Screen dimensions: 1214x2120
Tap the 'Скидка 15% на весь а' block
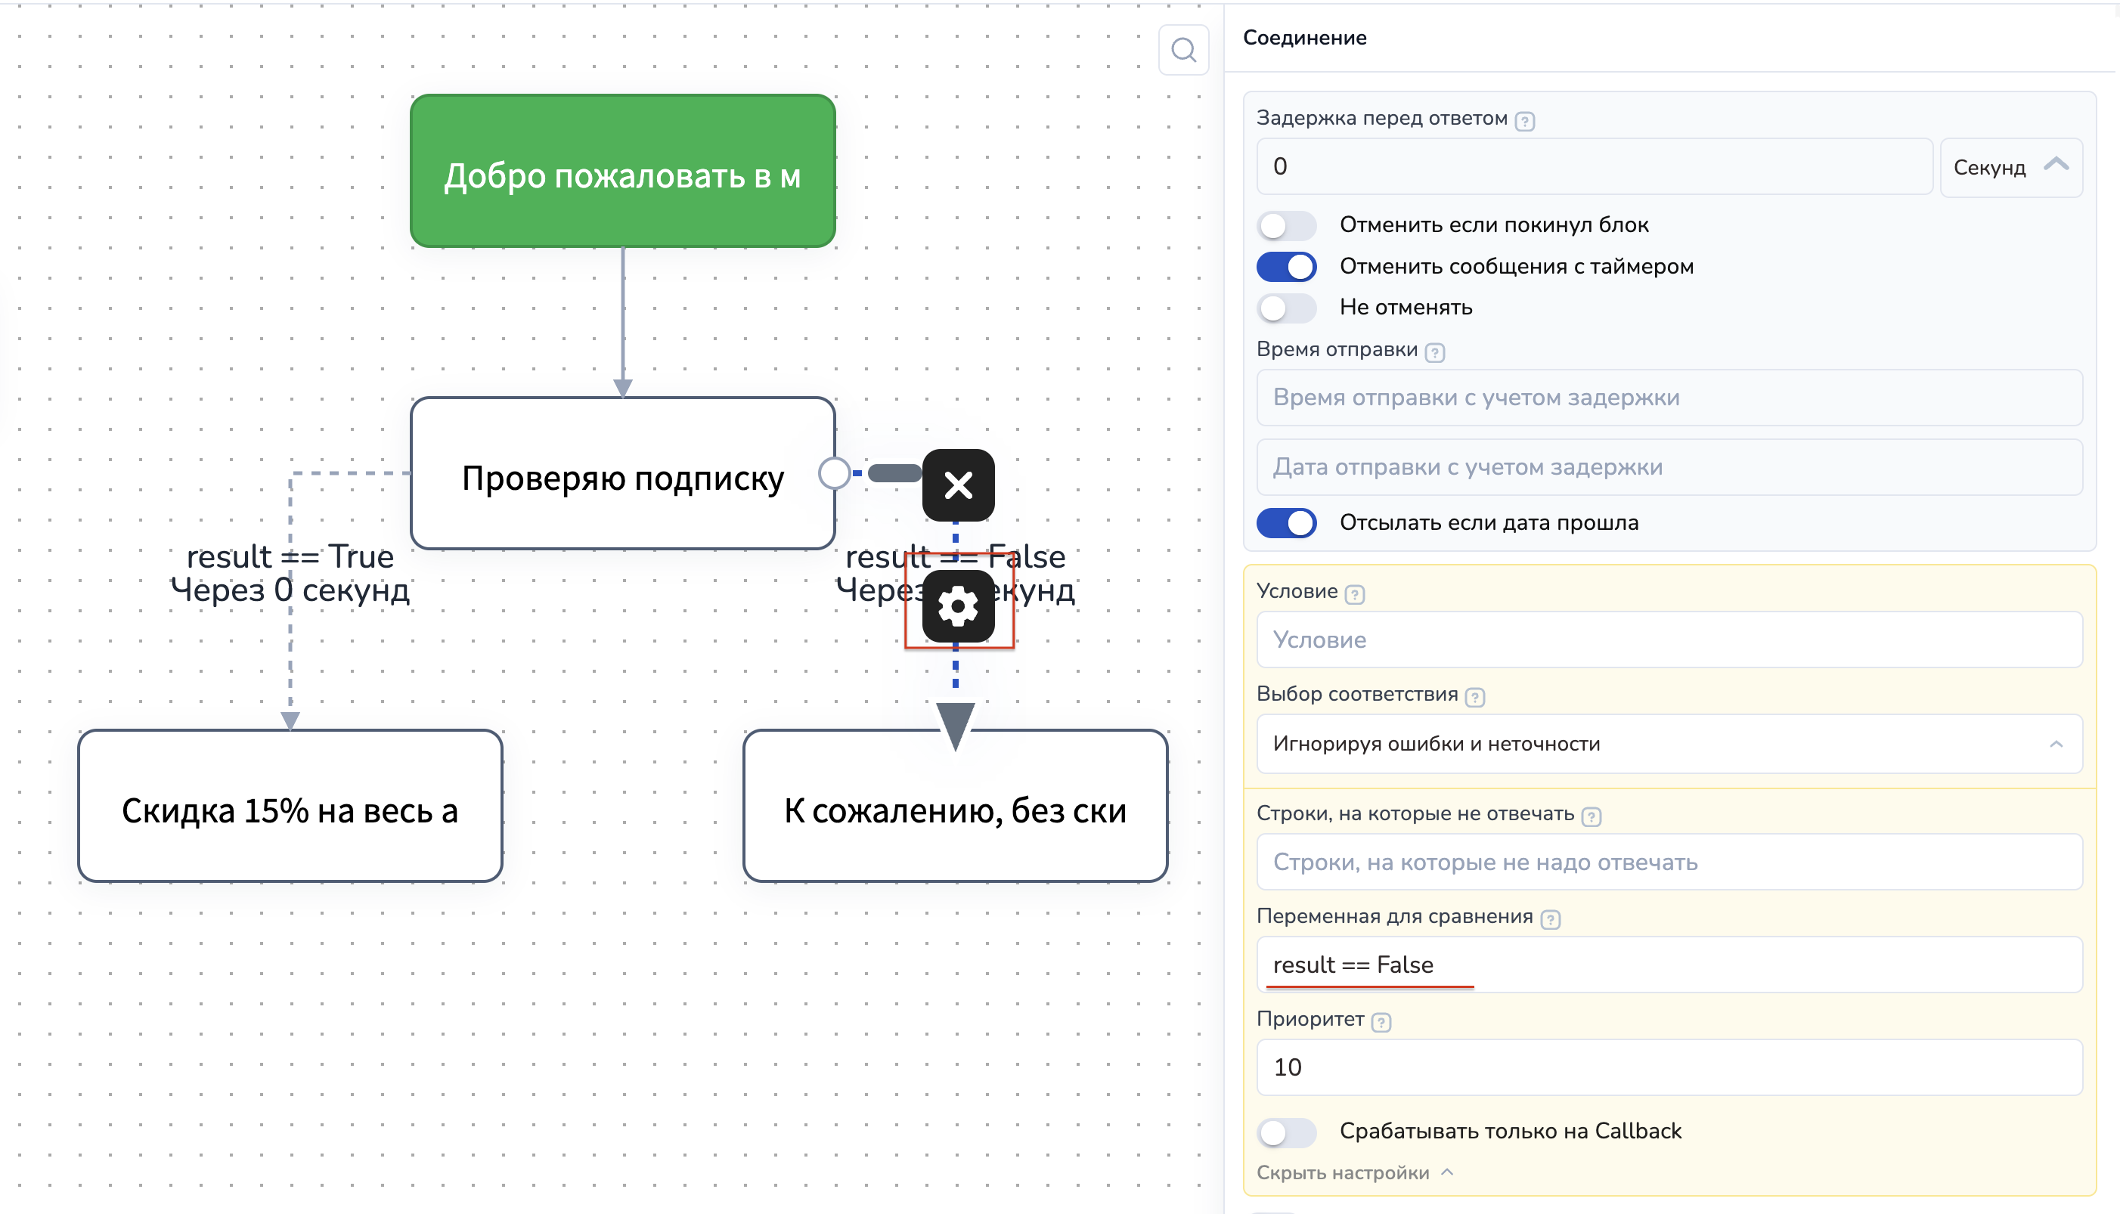coord(290,807)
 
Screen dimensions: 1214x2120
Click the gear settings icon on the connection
coord(957,606)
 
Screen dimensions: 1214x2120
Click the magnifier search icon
coord(1182,51)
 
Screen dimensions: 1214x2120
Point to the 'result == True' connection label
coord(290,556)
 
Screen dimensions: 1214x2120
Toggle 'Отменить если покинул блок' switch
coord(1286,225)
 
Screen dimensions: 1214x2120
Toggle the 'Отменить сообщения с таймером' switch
coord(1286,267)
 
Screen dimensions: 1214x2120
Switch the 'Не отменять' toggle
coord(1286,308)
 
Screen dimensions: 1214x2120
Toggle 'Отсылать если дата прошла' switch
coord(1286,523)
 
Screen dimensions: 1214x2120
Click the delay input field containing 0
coord(1593,167)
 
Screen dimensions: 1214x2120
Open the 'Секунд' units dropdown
coord(2010,168)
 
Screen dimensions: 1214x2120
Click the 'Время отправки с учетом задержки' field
coord(1668,398)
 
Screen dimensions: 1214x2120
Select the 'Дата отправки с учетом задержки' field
coord(1668,467)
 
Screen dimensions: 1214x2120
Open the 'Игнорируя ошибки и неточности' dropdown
coord(1668,744)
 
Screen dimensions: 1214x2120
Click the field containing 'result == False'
coord(1668,965)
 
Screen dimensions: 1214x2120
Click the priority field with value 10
coord(1668,1067)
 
